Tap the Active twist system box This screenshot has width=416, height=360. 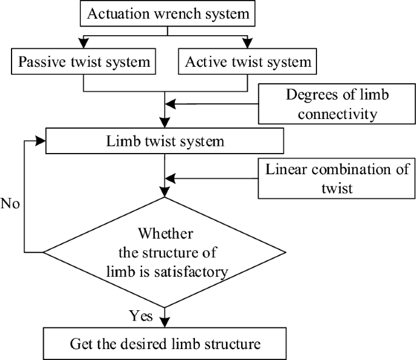pyautogui.click(x=248, y=61)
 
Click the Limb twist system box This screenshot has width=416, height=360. pyautogui.click(x=165, y=142)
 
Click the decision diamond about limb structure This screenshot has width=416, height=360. pyautogui.click(x=165, y=252)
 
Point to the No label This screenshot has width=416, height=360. pyautogui.click(x=11, y=203)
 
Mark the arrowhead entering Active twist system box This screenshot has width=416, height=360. pyautogui.click(x=247, y=44)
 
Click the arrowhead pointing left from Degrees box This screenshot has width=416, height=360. pyautogui.click(x=171, y=104)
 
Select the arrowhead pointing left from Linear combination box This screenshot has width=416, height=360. pyautogui.click(x=171, y=178)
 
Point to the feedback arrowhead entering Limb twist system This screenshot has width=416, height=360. pyautogui.click(x=40, y=141)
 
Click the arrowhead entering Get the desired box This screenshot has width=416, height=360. pyautogui.click(x=165, y=324)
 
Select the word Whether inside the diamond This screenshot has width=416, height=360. pyautogui.click(x=165, y=233)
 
